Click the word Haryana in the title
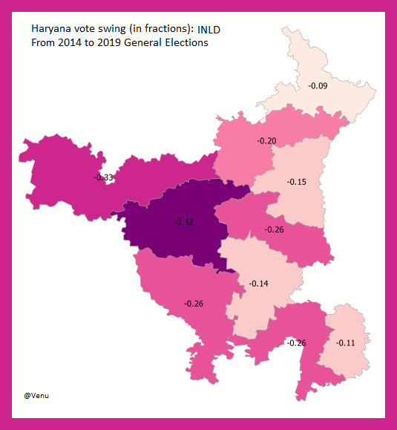click(50, 29)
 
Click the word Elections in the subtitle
click(187, 43)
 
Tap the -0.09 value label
click(318, 86)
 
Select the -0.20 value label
click(266, 140)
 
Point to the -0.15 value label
click(297, 182)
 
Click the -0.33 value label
click(103, 177)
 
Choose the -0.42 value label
click(183, 221)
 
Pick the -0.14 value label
click(259, 283)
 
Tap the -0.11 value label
click(346, 342)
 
